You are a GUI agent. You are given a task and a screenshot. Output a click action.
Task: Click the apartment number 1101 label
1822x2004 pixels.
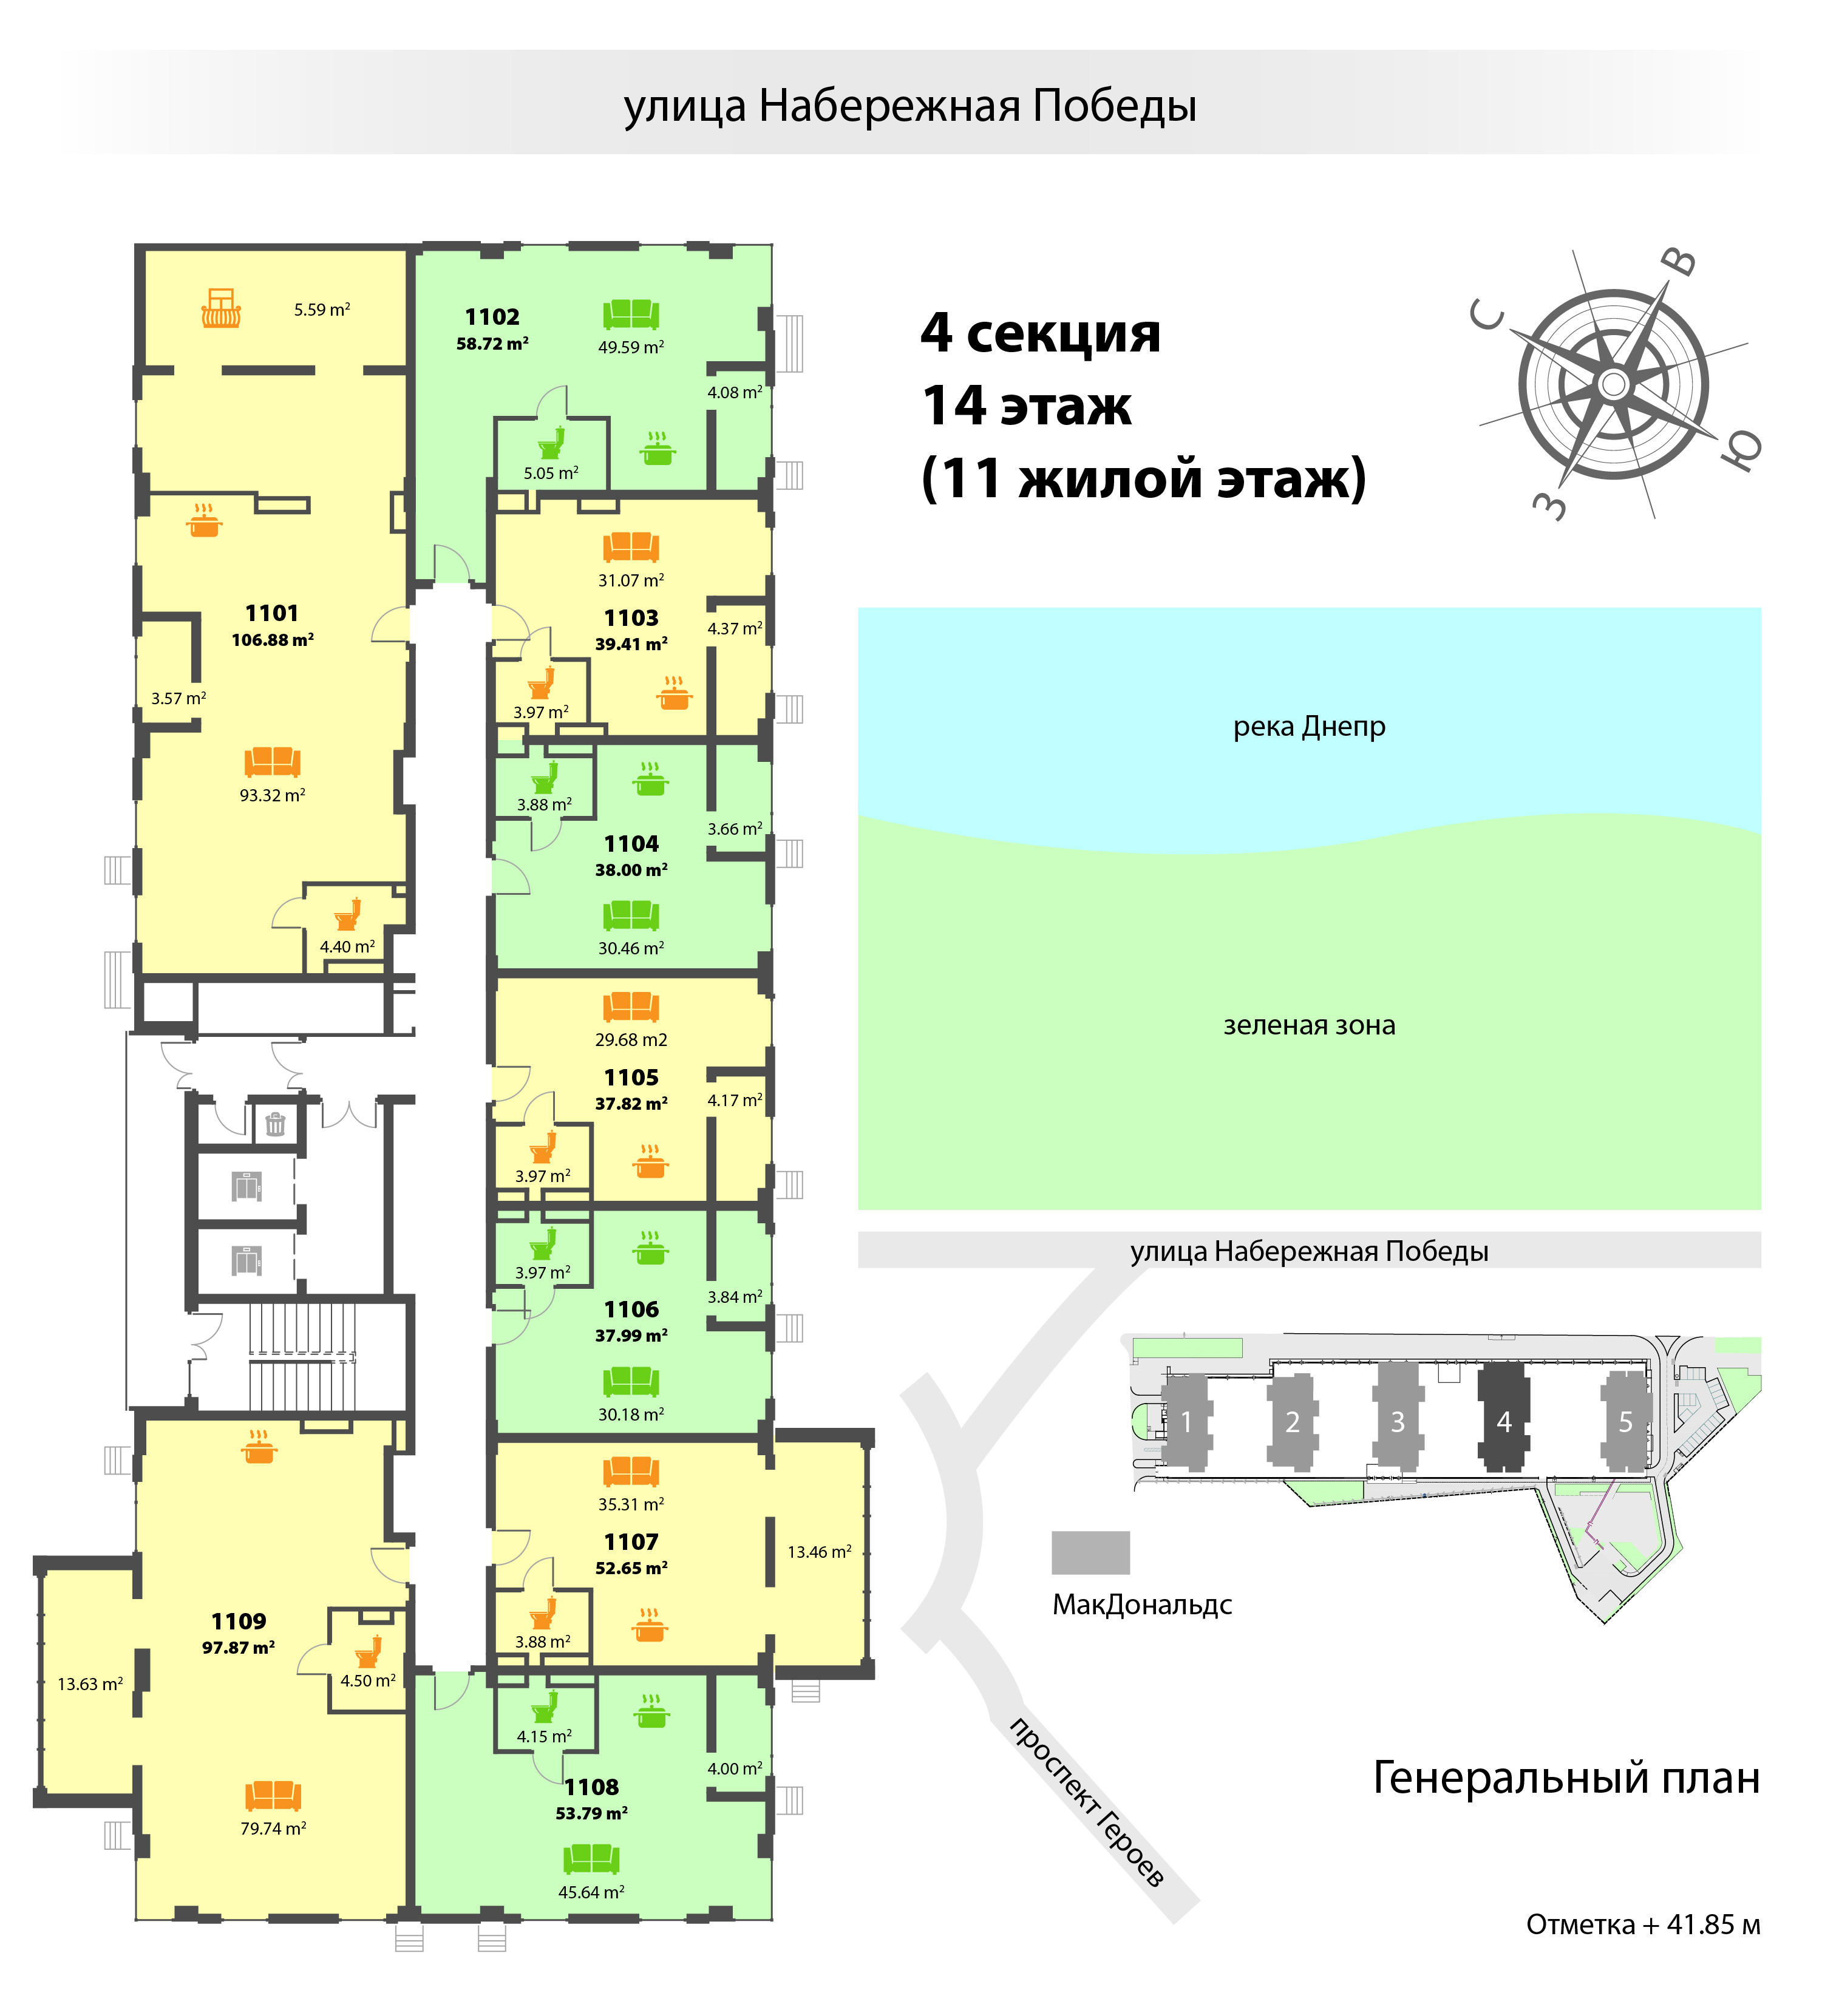(x=271, y=613)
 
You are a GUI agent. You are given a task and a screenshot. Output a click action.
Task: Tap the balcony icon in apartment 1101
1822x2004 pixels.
(x=220, y=308)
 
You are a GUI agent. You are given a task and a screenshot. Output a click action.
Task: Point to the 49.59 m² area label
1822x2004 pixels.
(x=631, y=347)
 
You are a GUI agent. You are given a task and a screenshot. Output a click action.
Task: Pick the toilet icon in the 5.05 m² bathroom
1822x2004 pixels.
(x=552, y=443)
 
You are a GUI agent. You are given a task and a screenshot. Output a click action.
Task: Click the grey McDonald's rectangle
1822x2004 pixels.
(x=1090, y=1553)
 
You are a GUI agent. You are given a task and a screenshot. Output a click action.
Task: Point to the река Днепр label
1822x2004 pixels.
(x=1309, y=727)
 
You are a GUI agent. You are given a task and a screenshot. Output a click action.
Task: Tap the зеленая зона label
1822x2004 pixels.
(x=1309, y=1025)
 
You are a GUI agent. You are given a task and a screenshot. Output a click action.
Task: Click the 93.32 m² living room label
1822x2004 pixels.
(x=273, y=795)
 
